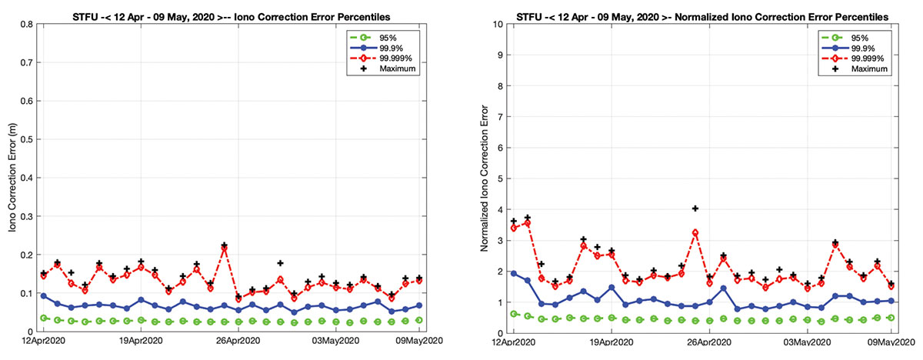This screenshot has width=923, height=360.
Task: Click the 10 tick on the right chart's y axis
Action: (498, 24)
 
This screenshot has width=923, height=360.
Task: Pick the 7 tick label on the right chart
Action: (501, 116)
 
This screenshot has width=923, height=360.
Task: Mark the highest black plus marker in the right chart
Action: (695, 208)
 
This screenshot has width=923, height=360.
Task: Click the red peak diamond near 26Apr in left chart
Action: (225, 248)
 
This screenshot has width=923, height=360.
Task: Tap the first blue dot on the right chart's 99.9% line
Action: (514, 273)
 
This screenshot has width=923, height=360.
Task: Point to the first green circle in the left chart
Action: (44, 318)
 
